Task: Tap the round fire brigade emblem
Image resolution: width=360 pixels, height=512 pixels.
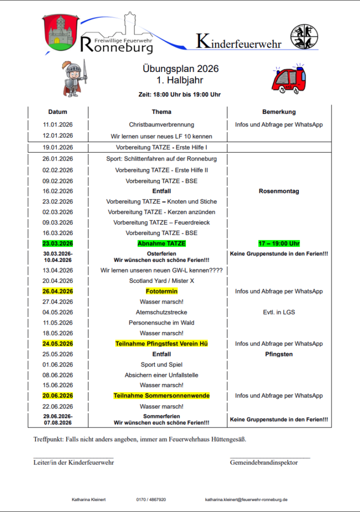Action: [304, 36]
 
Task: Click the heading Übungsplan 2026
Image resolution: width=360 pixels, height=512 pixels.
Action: [180, 69]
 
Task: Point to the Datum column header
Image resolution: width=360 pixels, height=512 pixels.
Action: [57, 112]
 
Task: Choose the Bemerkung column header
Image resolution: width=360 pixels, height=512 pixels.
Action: [279, 112]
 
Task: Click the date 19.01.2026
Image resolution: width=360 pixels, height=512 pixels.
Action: [58, 147]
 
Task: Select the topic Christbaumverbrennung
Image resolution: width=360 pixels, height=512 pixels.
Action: [161, 124]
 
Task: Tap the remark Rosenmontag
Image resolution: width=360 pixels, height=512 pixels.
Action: [279, 191]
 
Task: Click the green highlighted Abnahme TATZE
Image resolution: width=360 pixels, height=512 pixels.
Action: [161, 243]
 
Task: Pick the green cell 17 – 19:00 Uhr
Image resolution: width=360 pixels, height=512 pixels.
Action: [279, 243]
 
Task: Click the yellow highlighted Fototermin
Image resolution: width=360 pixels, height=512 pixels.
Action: [161, 291]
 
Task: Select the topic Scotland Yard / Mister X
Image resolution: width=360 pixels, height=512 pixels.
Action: [161, 280]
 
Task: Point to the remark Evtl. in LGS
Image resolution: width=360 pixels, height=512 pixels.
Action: [279, 312]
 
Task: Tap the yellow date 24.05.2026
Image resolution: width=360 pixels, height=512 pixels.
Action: [58, 343]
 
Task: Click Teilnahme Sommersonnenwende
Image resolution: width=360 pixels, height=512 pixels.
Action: [161, 395]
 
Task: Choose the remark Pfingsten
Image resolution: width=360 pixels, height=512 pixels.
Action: [279, 354]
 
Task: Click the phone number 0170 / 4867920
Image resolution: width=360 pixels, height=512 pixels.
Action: [151, 499]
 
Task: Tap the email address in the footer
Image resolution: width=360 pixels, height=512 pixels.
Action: [246, 499]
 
